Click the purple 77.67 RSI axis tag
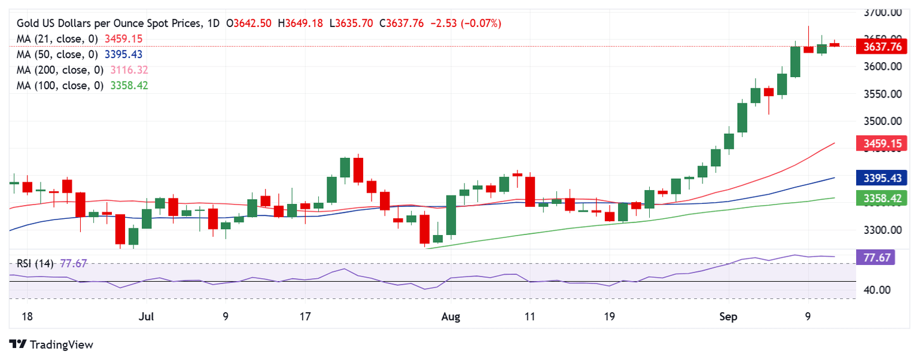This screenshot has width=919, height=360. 880,258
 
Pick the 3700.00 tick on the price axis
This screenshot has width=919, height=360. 883,12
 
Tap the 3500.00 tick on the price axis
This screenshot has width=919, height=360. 883,121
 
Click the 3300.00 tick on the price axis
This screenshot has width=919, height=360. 883,230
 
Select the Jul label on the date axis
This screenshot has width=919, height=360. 145,316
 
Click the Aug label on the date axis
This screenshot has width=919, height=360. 450,316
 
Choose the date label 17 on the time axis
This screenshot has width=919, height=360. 305,316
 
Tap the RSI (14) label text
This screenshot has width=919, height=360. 35,263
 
